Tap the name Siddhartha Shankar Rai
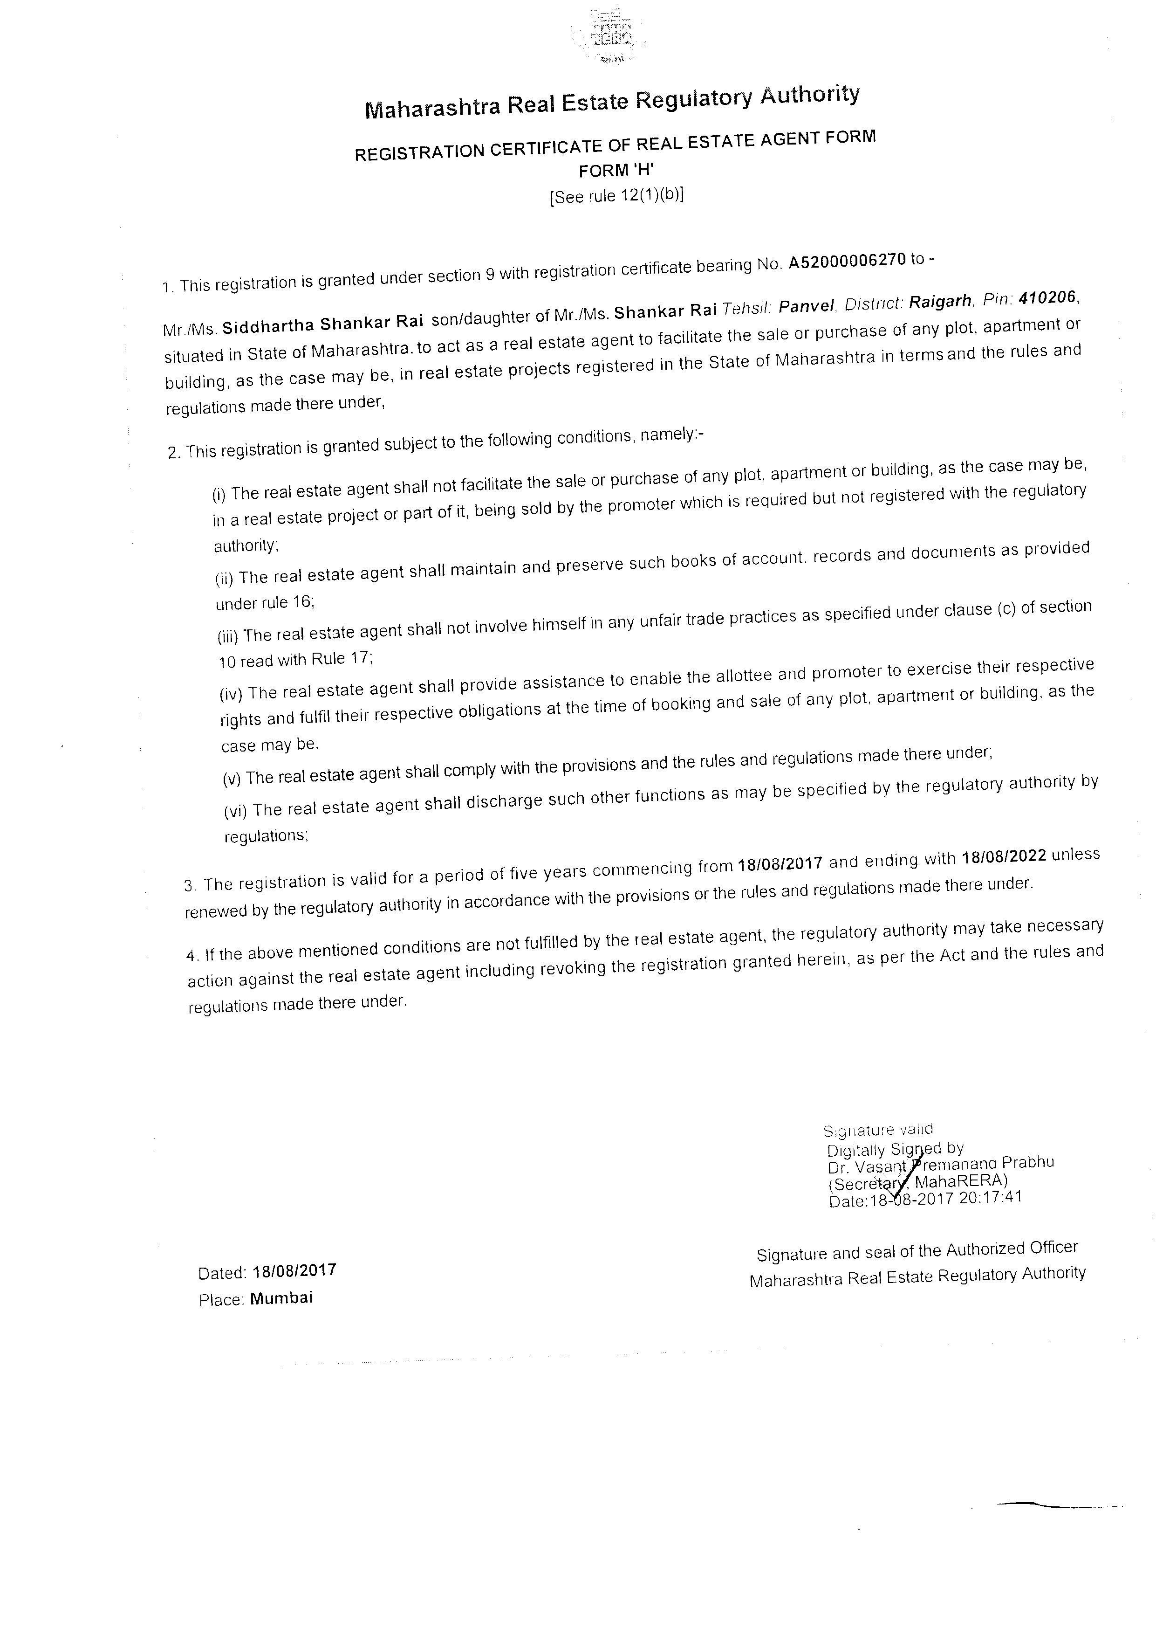[323, 324]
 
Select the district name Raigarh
[940, 301]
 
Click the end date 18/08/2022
[1004, 856]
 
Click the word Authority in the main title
[809, 96]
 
